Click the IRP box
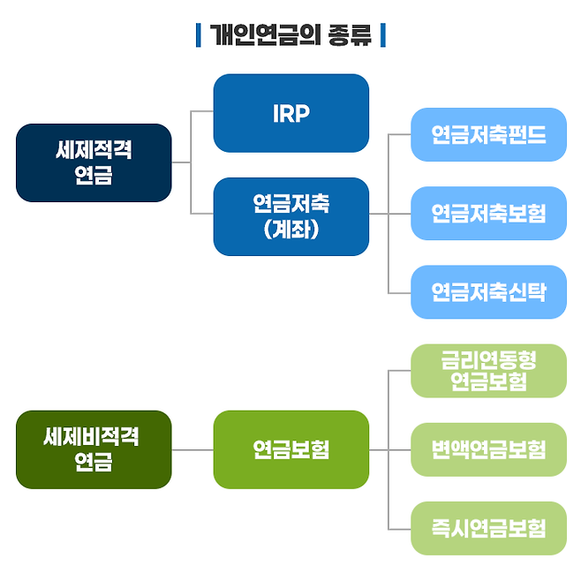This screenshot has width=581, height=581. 290,113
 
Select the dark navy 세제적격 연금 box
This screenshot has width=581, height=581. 94,162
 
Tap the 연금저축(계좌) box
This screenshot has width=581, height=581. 290,216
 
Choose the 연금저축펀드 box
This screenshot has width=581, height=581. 489,134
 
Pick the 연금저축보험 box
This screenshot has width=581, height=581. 489,214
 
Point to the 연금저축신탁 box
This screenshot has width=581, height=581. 489,292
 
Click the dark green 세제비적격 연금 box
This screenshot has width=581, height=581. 94,449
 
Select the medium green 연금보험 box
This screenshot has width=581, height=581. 290,449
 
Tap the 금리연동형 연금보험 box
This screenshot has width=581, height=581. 489,371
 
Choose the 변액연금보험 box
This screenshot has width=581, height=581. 489,449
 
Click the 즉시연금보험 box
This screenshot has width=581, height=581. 489,528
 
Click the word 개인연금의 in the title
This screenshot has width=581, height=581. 265,34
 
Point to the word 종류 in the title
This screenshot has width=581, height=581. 350,34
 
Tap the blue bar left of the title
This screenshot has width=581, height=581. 199,35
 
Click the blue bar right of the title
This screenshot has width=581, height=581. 383,35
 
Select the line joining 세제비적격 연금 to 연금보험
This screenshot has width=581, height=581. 192,449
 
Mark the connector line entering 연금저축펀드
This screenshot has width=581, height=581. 399,134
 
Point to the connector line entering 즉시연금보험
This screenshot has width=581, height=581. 399,529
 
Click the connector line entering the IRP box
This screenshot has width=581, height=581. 202,110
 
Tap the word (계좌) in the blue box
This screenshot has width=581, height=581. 291,230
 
